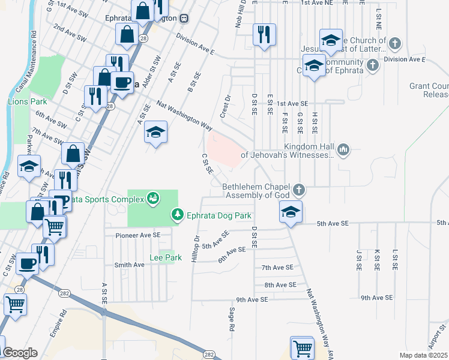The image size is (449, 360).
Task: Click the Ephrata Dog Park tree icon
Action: (177, 214)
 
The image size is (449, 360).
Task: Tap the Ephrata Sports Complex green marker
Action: (153, 198)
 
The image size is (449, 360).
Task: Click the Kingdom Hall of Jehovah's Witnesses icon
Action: (343, 149)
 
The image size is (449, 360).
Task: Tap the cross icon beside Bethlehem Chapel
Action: (299, 190)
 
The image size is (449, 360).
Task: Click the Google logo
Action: (19, 353)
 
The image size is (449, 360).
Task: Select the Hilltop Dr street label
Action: (195, 247)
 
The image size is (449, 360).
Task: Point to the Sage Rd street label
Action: (231, 319)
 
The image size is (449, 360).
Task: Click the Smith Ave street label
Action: (129, 265)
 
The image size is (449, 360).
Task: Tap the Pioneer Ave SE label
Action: (138, 235)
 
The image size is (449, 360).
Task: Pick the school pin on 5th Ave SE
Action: (291, 212)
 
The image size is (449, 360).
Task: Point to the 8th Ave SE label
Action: (280, 285)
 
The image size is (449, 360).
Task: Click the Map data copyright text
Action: (424, 355)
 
